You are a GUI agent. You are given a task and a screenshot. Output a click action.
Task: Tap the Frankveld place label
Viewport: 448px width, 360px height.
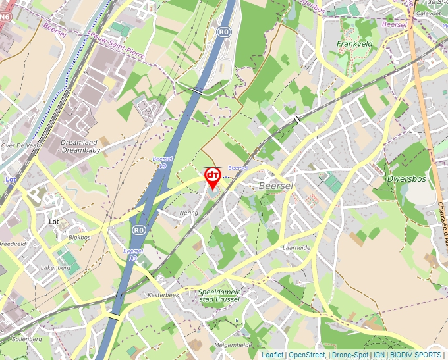coord(354,44)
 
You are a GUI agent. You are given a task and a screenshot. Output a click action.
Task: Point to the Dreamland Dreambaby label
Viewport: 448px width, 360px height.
coord(79,146)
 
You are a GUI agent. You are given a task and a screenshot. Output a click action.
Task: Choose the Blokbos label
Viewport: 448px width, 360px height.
coord(79,237)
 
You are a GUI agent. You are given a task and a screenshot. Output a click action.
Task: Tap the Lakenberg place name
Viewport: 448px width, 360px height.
coord(55,268)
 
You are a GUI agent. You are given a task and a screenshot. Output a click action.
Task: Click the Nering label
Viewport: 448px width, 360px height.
coord(189,213)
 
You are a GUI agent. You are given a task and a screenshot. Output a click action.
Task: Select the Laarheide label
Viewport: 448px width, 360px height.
coord(296,248)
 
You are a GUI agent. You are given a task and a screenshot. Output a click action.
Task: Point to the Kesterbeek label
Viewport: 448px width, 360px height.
coord(163,295)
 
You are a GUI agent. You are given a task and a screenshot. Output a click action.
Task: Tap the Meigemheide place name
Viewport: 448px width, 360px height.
coord(233,344)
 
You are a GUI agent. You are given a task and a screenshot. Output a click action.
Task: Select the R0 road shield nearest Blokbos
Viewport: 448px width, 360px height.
coord(138,230)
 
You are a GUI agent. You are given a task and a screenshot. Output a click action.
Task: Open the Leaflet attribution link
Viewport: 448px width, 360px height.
coord(273,355)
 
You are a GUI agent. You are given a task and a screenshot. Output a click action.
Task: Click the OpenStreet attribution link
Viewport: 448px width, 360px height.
coord(307,355)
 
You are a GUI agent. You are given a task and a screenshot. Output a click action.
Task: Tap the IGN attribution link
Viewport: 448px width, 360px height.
coord(379,355)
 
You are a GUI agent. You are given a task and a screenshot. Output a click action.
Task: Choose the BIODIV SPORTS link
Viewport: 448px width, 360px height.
coord(416,355)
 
